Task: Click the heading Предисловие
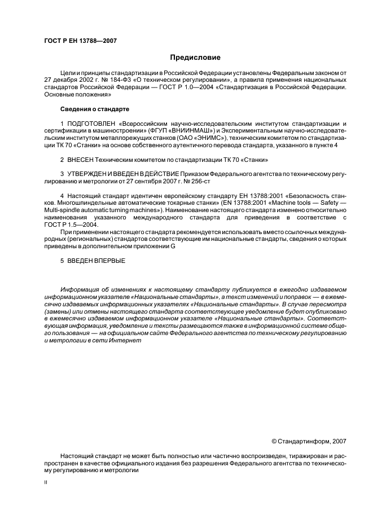click(x=195, y=58)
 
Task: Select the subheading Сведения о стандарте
click(x=95, y=108)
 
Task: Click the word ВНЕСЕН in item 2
click(x=81, y=160)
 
